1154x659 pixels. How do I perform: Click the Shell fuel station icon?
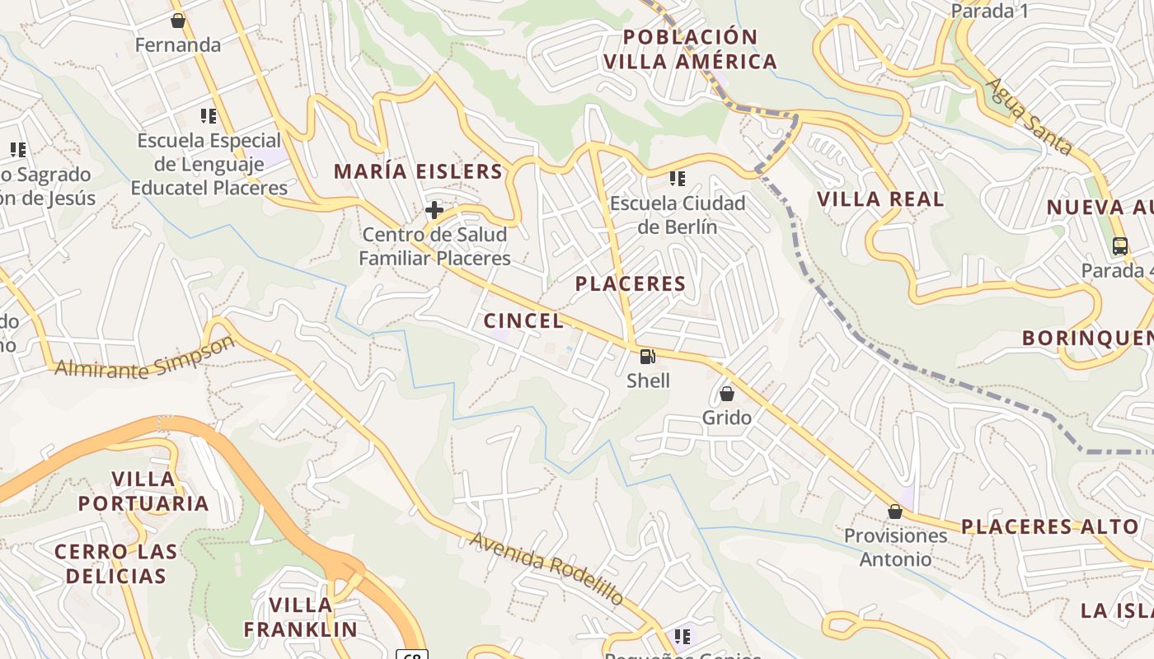click(x=648, y=357)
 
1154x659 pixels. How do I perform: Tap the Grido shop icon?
click(x=727, y=394)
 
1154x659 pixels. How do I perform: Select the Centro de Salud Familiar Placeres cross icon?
click(x=434, y=210)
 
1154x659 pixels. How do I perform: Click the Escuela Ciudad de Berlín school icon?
click(x=678, y=179)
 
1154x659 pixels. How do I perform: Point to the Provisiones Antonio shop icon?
click(x=895, y=512)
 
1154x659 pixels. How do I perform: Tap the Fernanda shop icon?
click(x=177, y=21)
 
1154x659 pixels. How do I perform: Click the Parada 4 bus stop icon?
click(x=1120, y=245)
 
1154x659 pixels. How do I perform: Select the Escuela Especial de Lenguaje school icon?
click(x=209, y=116)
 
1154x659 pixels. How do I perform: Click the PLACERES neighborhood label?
click(x=631, y=284)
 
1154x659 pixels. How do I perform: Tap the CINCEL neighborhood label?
click(x=524, y=321)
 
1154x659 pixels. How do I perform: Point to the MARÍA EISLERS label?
click(x=418, y=171)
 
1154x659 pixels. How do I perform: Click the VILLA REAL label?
click(x=880, y=199)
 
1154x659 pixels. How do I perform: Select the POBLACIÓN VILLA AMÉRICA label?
click(x=690, y=49)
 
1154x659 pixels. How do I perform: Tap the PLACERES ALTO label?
click(x=1049, y=526)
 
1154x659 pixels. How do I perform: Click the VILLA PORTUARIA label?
click(x=143, y=491)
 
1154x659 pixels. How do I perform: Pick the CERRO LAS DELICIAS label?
click(x=115, y=563)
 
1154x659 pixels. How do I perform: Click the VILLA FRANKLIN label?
click(x=301, y=617)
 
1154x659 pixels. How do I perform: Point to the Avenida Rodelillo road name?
click(x=547, y=568)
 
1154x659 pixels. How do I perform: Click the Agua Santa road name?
click(x=1030, y=117)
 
